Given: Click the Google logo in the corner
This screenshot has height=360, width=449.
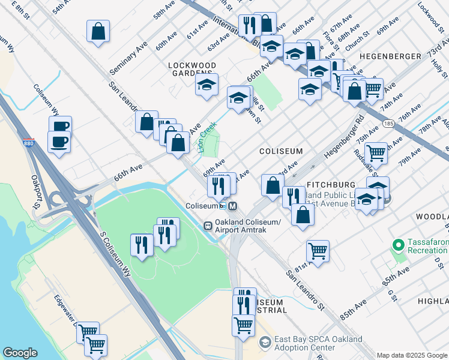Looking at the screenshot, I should point(20,353).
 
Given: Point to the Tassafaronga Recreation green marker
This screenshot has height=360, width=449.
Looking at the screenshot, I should point(397,245).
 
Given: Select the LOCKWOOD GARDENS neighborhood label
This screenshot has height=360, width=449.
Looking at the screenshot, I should point(192,69).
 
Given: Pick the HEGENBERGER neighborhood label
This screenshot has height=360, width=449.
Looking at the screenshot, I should point(390,56).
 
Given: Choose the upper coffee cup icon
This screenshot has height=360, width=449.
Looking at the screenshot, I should point(60,126).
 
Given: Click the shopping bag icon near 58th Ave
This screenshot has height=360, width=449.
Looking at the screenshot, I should point(98,31).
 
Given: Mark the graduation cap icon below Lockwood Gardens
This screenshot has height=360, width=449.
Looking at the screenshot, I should point(206,85).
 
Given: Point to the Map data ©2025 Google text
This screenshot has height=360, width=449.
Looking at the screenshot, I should point(412,355).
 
